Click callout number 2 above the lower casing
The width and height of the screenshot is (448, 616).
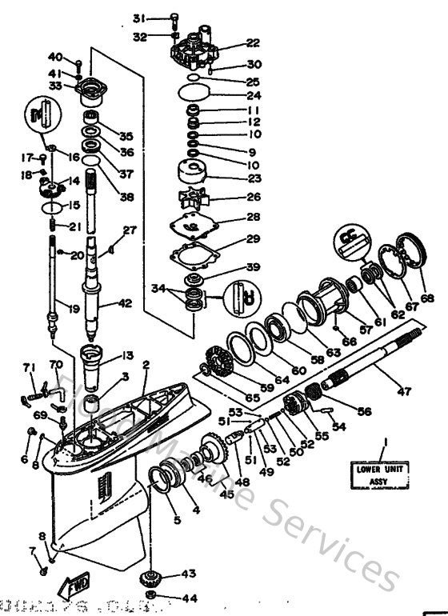[x=146, y=366]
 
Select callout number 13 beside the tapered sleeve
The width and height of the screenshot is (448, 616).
[x=126, y=357]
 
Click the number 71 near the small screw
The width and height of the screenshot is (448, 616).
[x=30, y=367]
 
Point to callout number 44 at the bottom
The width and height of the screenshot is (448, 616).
[x=189, y=598]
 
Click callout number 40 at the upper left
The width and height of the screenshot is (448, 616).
[x=55, y=57]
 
